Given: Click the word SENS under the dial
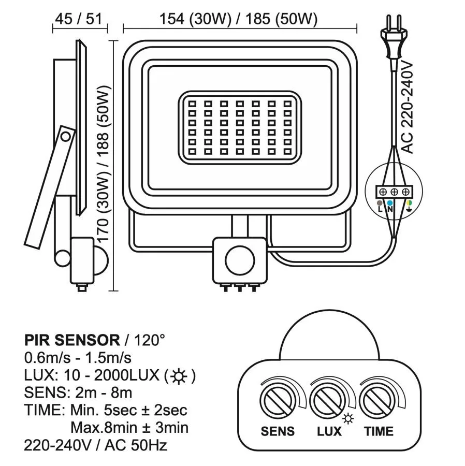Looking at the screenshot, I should [x=278, y=431].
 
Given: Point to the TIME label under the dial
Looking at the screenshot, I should [x=378, y=431].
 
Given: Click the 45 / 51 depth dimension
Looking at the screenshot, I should [x=80, y=19].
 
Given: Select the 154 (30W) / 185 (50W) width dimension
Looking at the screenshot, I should [x=238, y=19].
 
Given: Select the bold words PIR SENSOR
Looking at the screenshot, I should [x=72, y=340].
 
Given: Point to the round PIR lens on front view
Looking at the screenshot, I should [x=237, y=259].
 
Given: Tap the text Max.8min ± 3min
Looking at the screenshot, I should [x=129, y=428].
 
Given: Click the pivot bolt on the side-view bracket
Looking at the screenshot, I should [x=66, y=136].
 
